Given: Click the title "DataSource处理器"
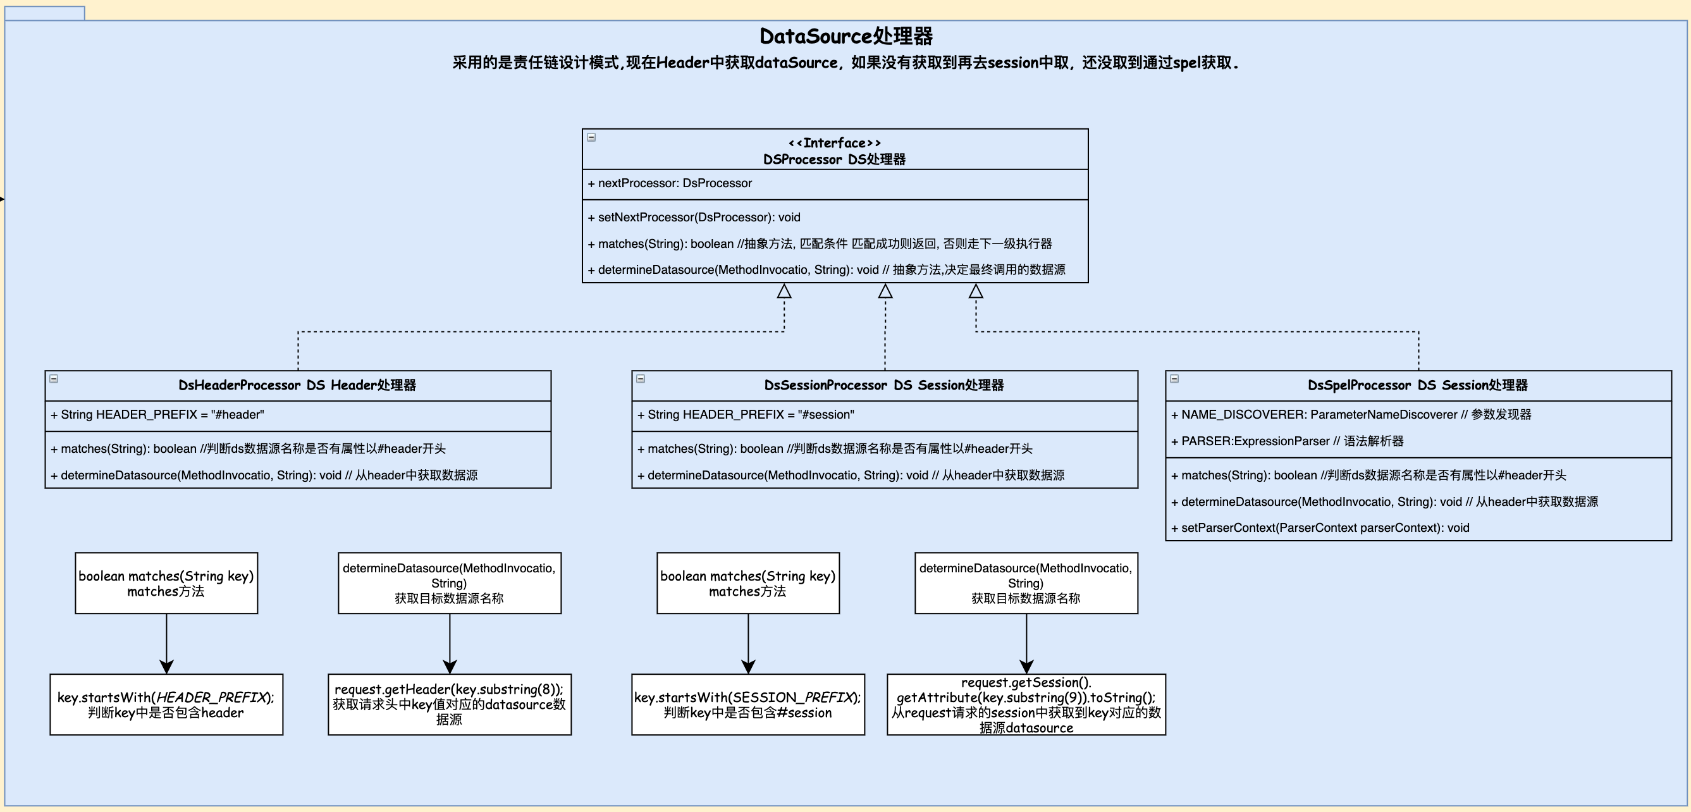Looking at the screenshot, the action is click(x=845, y=36).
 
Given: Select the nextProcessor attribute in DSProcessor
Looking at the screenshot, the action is click(x=670, y=183).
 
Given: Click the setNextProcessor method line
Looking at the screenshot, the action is click(x=694, y=218).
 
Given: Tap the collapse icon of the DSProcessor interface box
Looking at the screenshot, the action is click(x=591, y=137).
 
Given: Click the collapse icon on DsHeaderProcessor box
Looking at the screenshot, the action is click(x=54, y=379).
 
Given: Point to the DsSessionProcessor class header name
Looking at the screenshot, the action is click(x=883, y=385).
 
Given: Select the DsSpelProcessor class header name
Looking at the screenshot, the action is click(x=1417, y=385).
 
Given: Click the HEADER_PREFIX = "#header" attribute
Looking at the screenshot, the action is click(x=157, y=414).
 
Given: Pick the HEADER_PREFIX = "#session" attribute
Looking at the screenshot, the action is click(x=746, y=414).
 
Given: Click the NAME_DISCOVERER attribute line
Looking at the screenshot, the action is click(x=1351, y=414).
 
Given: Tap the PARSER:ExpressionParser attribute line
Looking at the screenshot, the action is click(x=1287, y=441).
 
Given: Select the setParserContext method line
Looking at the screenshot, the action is click(x=1319, y=528).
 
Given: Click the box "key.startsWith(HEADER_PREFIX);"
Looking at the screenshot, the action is click(x=167, y=704).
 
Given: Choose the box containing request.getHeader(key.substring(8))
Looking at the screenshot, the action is click(x=450, y=704).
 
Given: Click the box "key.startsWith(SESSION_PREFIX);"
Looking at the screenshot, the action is click(x=748, y=704).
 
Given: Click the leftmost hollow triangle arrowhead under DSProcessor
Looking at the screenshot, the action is click(x=784, y=291).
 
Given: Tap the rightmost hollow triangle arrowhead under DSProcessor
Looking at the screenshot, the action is click(x=976, y=291).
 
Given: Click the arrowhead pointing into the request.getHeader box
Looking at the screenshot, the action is click(x=450, y=667).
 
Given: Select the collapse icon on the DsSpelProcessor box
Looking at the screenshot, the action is click(x=1174, y=379).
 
